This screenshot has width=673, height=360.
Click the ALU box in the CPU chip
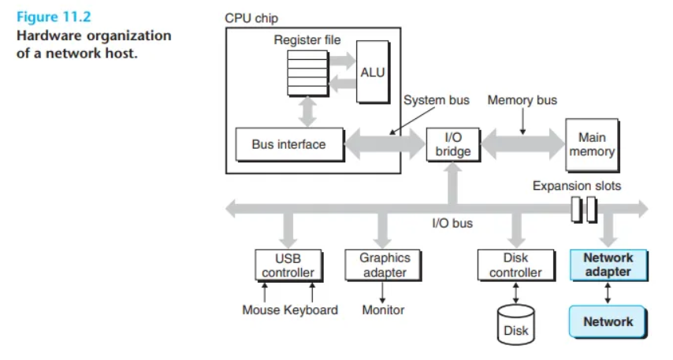373,72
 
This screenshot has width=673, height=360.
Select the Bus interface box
290,145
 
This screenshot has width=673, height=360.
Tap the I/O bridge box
453,145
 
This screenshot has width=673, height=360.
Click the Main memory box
593,145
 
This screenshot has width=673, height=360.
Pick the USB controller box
288,265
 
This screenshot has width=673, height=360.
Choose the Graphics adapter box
383,265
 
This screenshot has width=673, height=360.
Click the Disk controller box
516,265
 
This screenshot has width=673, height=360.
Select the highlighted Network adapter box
608,265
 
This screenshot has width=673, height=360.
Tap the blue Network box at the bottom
608,322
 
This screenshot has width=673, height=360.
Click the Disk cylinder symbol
516,325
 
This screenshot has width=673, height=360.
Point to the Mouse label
261,310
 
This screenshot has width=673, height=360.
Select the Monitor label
383,310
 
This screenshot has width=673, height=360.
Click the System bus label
437,100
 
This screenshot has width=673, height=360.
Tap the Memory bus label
522,100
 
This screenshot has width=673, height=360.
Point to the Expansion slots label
577,186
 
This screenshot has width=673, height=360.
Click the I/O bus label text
452,223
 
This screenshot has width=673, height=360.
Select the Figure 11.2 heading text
54,17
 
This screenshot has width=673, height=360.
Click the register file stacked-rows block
308,73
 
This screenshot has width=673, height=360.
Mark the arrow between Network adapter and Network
608,293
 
